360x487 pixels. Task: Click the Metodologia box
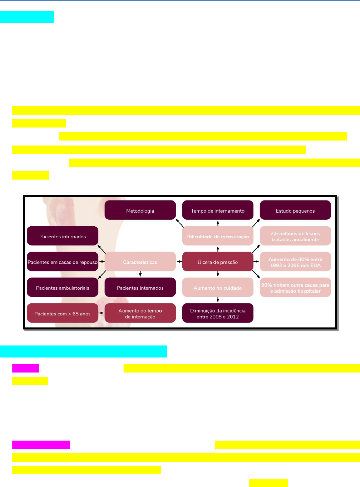(140, 210)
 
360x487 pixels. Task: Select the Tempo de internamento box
(218, 210)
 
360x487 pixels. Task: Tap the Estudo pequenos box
(295, 210)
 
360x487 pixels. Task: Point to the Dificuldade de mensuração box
(218, 236)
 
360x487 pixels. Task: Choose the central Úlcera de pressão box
(218, 262)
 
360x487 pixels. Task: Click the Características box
(140, 262)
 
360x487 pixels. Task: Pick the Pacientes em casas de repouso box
(62, 262)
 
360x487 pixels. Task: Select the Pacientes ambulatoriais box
(62, 287)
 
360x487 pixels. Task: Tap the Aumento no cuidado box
(218, 287)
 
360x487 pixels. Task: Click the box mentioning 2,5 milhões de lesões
(295, 236)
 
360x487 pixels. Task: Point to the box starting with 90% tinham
(295, 287)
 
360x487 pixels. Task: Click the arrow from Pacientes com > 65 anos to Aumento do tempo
(101, 313)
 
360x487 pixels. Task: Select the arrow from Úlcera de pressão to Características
(179, 262)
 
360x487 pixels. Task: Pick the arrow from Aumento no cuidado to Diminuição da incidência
(218, 300)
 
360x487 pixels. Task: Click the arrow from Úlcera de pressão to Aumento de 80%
(256, 262)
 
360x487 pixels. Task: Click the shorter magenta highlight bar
(26, 368)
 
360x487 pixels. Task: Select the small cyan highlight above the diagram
(27, 17)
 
